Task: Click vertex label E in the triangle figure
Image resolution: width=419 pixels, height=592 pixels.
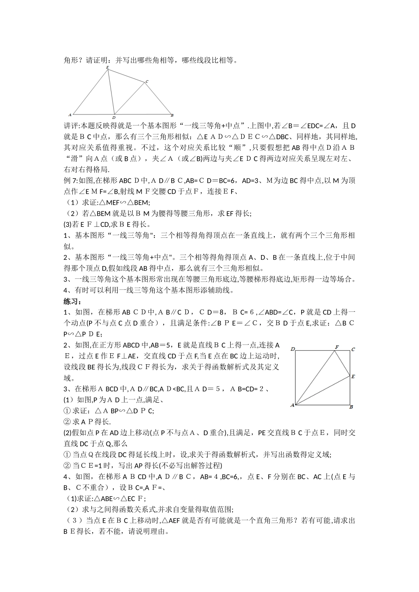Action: pos(108,67)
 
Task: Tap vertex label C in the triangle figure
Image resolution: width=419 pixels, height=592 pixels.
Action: pos(146,81)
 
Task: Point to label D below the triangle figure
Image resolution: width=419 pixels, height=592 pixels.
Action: pos(114,118)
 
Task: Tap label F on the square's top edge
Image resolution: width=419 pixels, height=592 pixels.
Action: pos(337,348)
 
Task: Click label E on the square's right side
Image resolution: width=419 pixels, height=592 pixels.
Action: pos(353,377)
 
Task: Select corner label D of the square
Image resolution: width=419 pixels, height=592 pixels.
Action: pos(292,349)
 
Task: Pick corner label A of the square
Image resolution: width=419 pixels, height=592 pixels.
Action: pos(292,405)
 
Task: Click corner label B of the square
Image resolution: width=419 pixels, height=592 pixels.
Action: pos(351,407)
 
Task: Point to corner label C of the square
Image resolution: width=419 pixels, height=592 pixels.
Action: pos(353,350)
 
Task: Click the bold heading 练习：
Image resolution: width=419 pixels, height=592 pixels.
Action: pos(72,302)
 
